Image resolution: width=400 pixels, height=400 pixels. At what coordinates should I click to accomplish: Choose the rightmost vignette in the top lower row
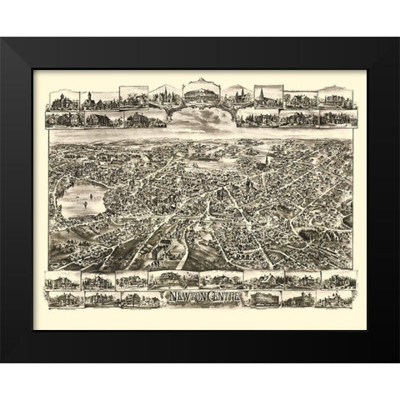pyautogui.click(x=337, y=117)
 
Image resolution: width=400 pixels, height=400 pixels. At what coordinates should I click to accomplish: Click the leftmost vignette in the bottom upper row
pyautogui.click(x=63, y=281)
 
